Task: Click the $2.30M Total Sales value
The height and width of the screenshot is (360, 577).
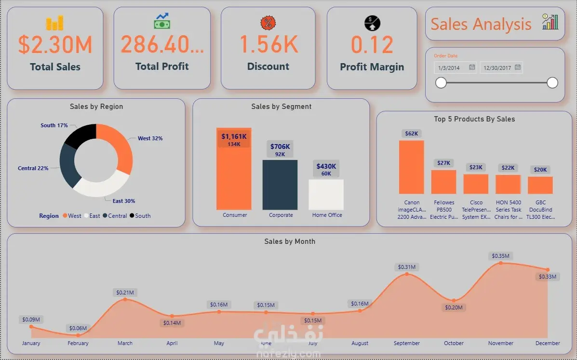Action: pyautogui.click(x=55, y=45)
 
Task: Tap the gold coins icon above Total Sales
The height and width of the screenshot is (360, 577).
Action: pyautogui.click(x=54, y=23)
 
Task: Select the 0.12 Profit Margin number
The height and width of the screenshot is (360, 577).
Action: pyautogui.click(x=372, y=45)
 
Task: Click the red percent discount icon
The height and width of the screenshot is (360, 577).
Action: pyautogui.click(x=268, y=23)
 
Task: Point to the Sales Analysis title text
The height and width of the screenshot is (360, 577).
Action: pyautogui.click(x=481, y=24)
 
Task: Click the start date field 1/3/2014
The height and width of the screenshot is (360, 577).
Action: pyautogui.click(x=450, y=68)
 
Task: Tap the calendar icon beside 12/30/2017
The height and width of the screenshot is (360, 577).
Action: pyautogui.click(x=518, y=67)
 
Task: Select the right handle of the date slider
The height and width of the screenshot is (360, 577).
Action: pyautogui.click(x=552, y=83)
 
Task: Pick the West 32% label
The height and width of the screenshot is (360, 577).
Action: pyautogui.click(x=150, y=138)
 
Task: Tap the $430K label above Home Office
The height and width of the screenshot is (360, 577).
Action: pyautogui.click(x=326, y=167)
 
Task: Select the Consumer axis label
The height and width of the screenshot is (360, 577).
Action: pyautogui.click(x=235, y=215)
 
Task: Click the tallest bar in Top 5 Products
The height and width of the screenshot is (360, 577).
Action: pyautogui.click(x=411, y=167)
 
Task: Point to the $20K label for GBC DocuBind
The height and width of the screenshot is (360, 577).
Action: pyautogui.click(x=540, y=170)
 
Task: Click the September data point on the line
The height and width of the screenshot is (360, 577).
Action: pyautogui.click(x=407, y=274)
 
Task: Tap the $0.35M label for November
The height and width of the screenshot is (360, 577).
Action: pyautogui.click(x=500, y=256)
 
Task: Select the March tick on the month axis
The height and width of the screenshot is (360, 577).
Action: pyautogui.click(x=125, y=343)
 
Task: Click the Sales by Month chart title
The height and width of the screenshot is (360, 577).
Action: pyautogui.click(x=290, y=241)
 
